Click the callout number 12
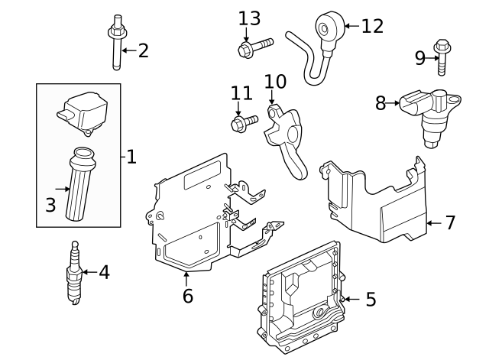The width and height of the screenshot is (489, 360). [372, 26]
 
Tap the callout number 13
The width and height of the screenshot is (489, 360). [249, 18]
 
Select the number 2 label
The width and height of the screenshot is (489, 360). [143, 51]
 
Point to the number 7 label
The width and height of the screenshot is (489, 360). [450, 222]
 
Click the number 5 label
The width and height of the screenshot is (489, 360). [371, 299]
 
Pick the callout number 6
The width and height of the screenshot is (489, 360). [187, 295]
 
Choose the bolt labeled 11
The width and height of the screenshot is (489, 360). [239, 122]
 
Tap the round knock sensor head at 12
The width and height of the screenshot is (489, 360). [329, 26]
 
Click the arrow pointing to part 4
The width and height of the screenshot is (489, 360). [86, 272]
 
